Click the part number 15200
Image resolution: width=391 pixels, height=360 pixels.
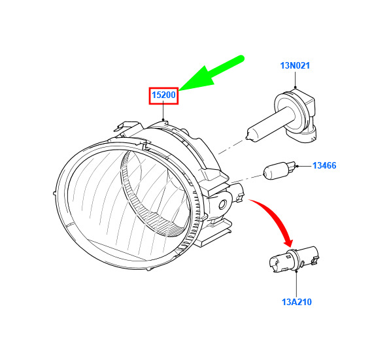point(163,95)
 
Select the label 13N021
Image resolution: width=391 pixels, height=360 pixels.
point(295,65)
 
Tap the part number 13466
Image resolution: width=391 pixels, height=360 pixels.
point(324,165)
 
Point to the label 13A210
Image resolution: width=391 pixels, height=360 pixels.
point(297,302)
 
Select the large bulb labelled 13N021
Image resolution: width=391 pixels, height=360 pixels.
point(284,117)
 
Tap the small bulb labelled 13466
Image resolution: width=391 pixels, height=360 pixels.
point(280,170)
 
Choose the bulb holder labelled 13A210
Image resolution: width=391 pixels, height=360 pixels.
point(294,259)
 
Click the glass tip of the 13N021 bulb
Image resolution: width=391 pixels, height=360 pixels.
point(247,137)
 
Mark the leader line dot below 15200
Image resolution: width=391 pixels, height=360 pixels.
point(163,120)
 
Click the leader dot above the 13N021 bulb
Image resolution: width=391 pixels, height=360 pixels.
point(295,88)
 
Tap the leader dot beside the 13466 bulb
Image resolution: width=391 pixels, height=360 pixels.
point(297,166)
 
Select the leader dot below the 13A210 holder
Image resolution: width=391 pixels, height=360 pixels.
point(296,270)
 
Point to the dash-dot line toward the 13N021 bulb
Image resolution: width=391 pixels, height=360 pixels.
point(231,148)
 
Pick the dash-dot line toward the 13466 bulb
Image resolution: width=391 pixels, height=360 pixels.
point(246,179)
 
